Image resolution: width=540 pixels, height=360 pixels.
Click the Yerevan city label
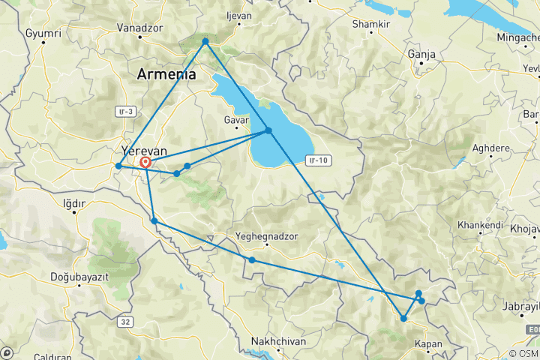(x=144, y=151)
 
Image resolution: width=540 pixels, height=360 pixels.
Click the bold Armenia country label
(x=166, y=74)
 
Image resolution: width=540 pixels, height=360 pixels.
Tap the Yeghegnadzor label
(x=267, y=235)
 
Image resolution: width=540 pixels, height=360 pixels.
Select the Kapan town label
(x=427, y=345)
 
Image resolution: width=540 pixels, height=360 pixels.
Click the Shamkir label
(x=370, y=24)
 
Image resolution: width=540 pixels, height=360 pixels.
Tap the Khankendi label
(x=484, y=225)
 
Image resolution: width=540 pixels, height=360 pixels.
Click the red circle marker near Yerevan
(x=145, y=162)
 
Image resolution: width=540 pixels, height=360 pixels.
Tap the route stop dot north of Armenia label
(x=205, y=42)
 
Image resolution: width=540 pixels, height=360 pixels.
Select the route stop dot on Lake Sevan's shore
(x=268, y=131)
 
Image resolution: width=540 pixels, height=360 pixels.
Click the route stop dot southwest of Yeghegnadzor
(x=252, y=260)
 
